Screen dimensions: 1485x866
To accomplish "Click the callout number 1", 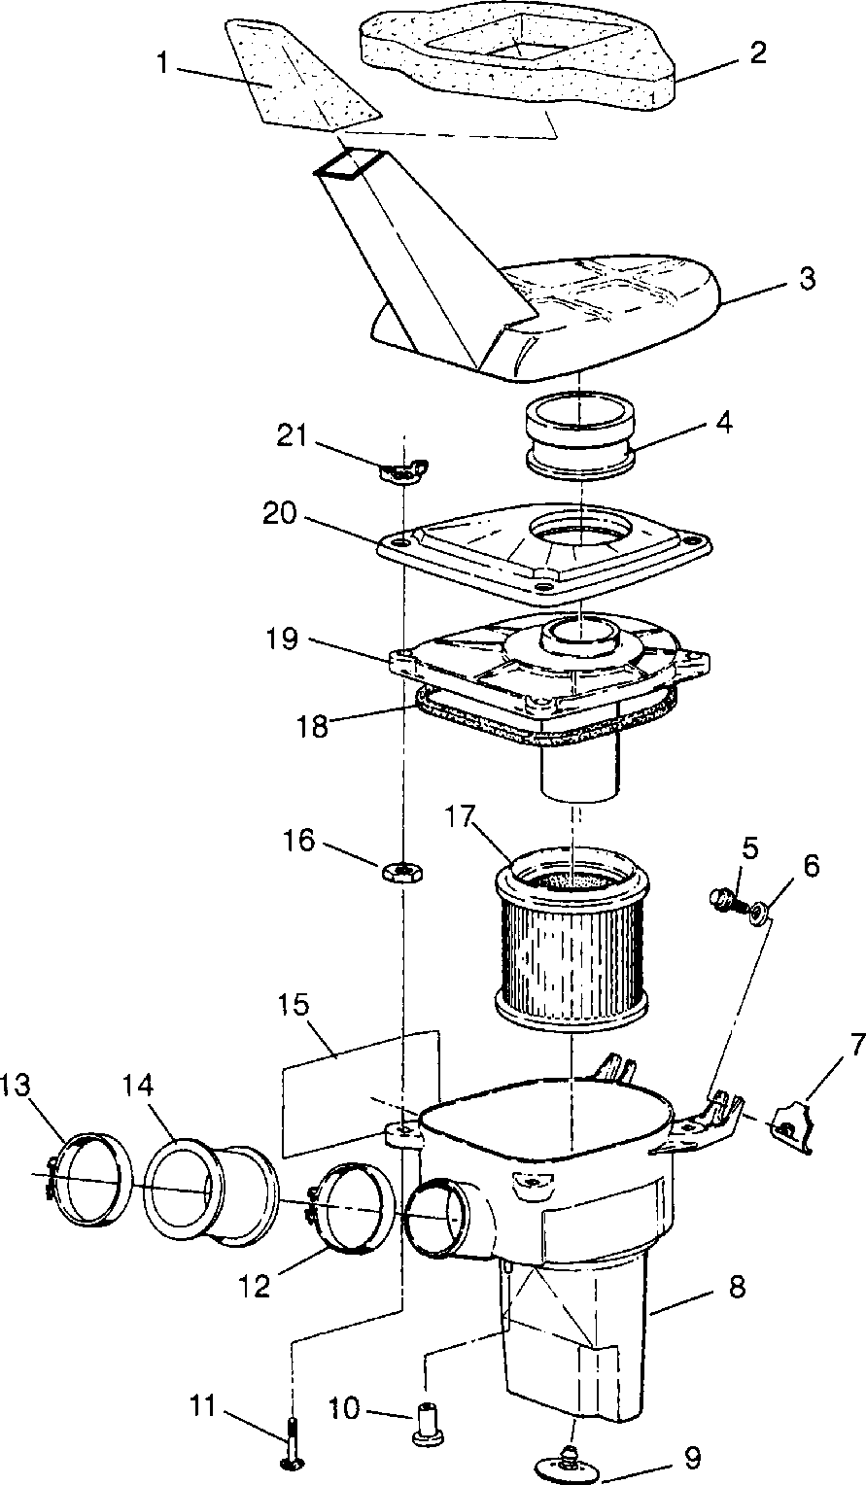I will pos(162,63).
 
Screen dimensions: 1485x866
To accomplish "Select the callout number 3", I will pos(807,279).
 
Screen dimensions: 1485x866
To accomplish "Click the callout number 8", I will pos(737,1288).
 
